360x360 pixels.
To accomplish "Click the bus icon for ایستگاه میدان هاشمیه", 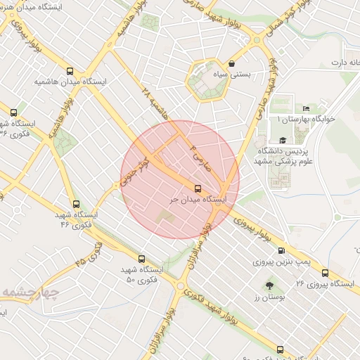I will point(70,71).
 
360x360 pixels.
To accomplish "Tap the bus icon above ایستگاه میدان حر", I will point(198,188).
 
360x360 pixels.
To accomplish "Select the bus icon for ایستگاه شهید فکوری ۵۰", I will point(142,259).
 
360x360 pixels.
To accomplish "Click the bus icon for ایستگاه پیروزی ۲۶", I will point(325,273).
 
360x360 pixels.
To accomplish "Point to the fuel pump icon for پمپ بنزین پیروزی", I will point(282,250).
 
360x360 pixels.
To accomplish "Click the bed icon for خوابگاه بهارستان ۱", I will point(305,108).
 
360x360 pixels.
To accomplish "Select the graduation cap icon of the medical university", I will point(282,140).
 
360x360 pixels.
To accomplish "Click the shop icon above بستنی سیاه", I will point(232,63).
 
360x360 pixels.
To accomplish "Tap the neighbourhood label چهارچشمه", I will point(28,292).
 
